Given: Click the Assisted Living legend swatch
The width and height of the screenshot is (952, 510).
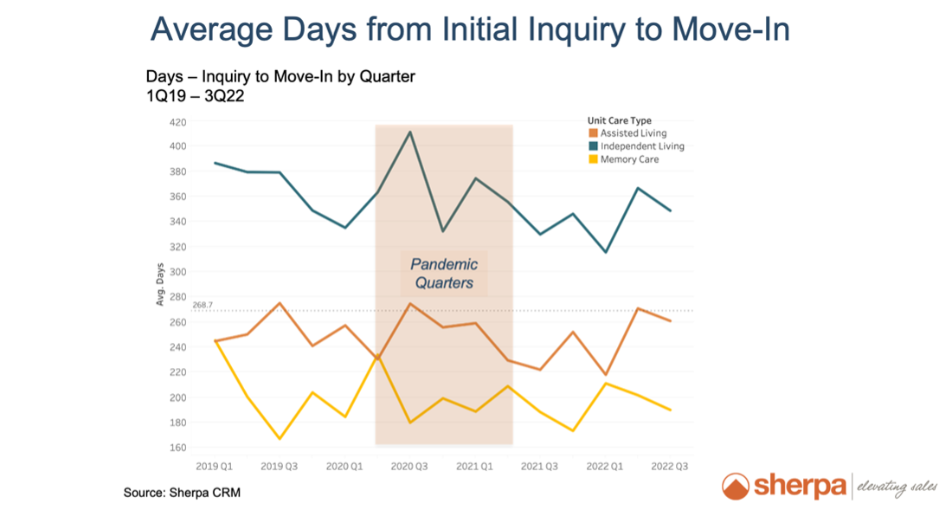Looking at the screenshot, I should pos(593,133).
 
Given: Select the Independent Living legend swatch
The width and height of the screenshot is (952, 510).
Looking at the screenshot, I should pos(593,146).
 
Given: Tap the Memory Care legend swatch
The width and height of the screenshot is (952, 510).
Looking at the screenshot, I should pos(593,159).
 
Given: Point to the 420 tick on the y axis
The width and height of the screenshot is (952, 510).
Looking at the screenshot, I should pos(177,122).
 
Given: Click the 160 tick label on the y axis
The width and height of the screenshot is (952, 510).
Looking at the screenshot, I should pos(177,448).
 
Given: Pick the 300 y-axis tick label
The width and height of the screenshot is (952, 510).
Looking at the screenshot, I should pos(177,272).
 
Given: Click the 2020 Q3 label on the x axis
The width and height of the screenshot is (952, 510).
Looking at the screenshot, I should pos(409,467).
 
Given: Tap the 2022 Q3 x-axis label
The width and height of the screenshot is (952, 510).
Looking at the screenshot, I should pos(670,467).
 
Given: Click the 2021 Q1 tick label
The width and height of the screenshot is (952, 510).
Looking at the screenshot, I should pos(474,467).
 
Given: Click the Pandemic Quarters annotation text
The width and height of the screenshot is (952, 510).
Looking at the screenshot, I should pos(443,273).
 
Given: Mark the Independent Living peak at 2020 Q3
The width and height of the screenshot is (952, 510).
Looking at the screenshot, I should pos(409,132).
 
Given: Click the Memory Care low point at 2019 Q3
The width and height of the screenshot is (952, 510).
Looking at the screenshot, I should pos(280,438).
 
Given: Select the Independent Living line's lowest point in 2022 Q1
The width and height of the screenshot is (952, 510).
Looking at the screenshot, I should pos(605,252).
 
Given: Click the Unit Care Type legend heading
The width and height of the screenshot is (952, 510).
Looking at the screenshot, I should pos(619,120).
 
